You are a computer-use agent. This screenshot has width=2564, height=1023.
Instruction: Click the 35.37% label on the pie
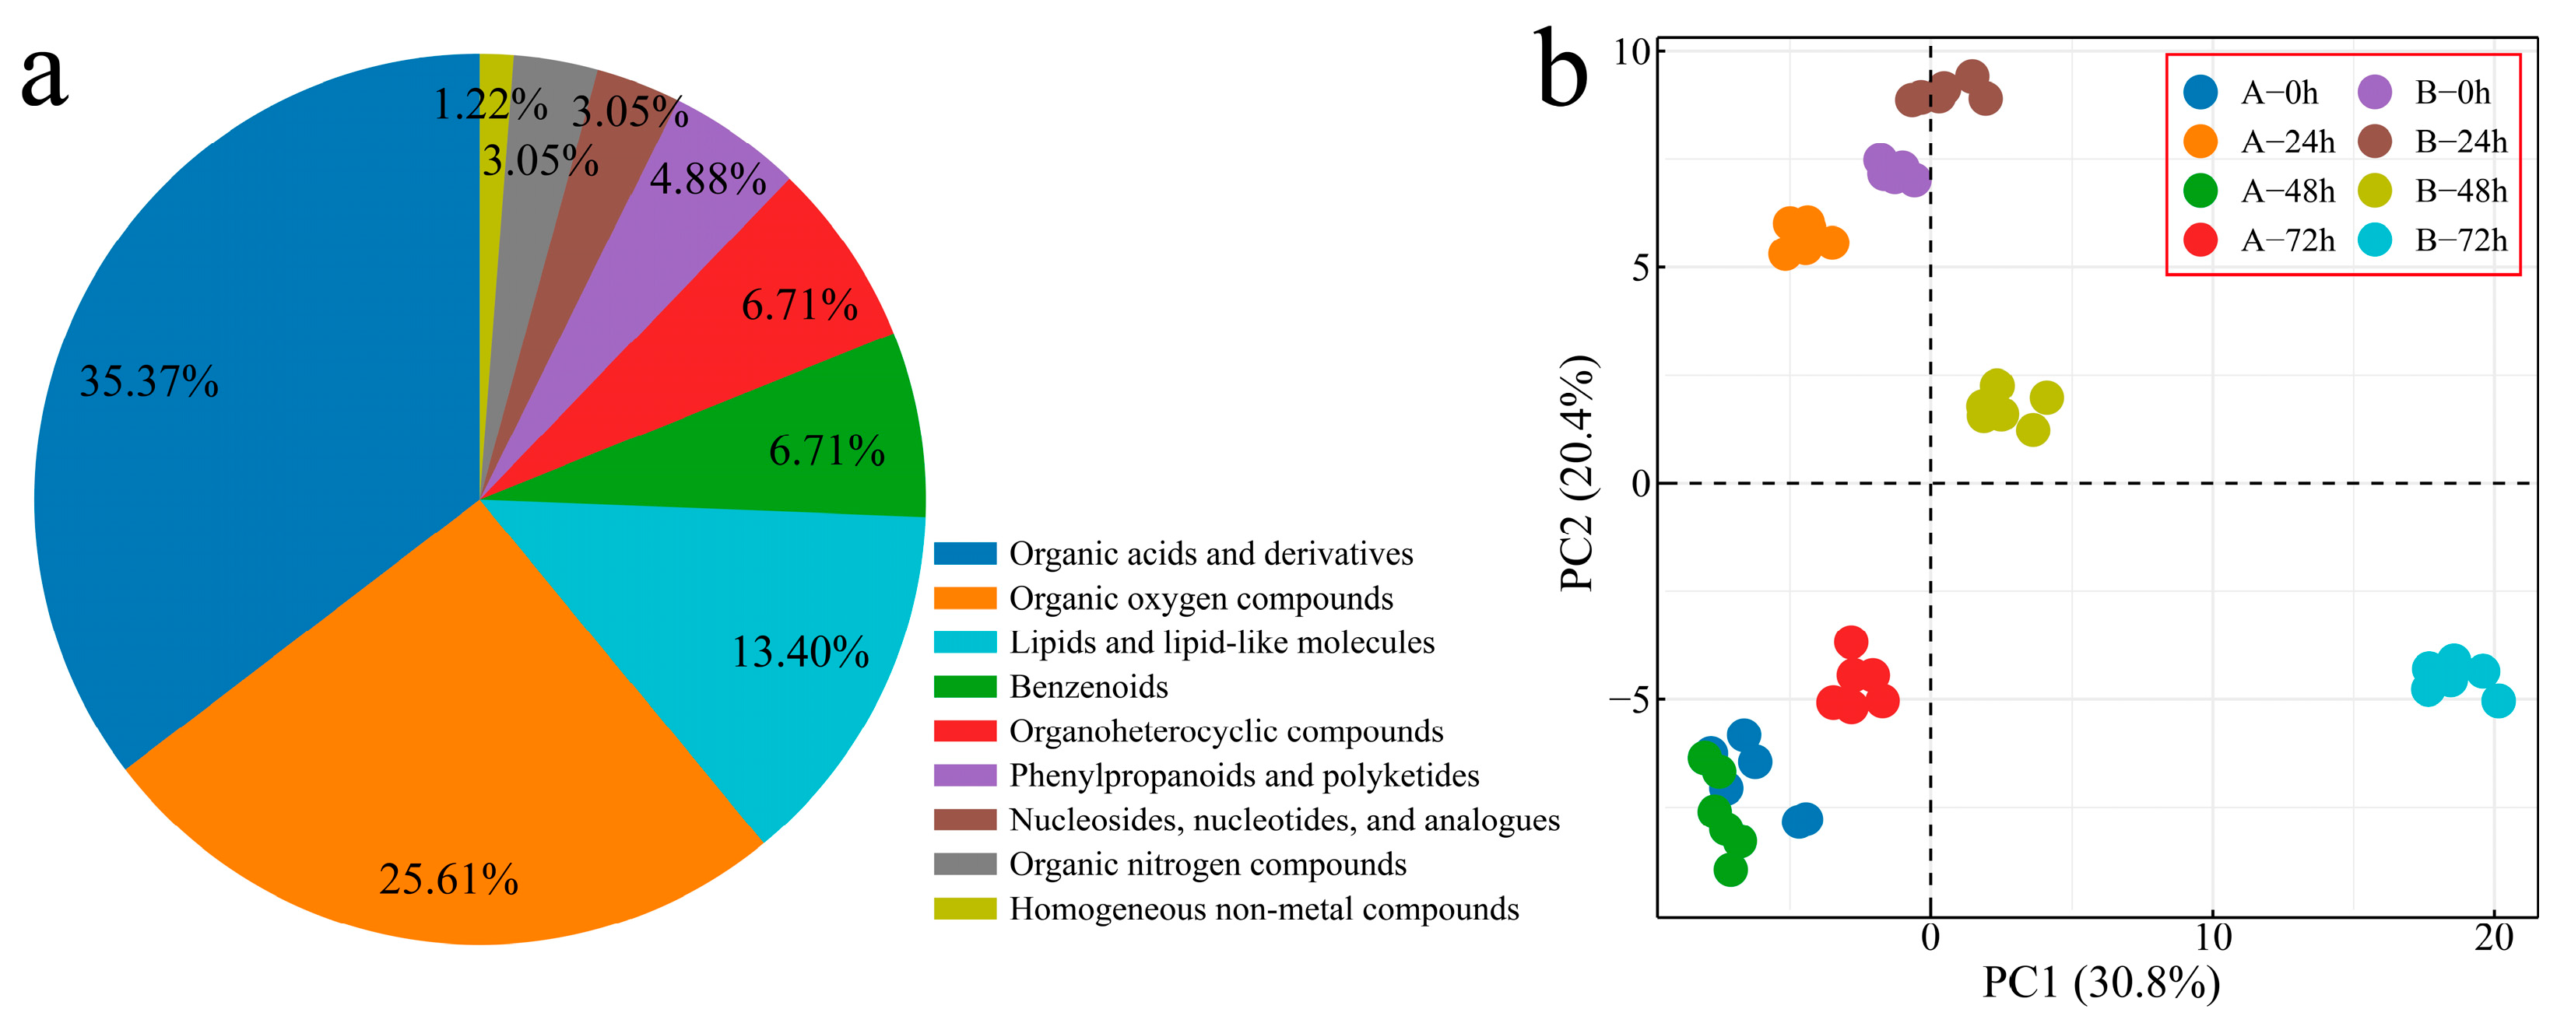[149, 382]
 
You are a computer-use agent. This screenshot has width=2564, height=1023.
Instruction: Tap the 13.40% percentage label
[800, 653]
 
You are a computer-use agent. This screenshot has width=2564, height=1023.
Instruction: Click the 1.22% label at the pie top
[490, 104]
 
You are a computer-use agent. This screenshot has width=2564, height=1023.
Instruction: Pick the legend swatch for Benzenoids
[964, 687]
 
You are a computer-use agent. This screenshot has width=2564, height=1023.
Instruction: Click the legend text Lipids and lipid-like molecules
[1221, 643]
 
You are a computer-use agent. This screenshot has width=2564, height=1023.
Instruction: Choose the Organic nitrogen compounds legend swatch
[964, 864]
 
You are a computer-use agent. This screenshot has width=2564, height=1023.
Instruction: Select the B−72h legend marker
[2375, 240]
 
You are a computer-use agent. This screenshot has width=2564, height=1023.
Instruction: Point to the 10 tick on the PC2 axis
[1631, 52]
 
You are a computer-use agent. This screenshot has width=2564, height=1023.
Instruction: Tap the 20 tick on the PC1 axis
[2493, 938]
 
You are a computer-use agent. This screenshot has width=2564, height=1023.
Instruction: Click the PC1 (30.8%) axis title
[2100, 984]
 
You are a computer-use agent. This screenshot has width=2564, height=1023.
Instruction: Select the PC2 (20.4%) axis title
[1578, 473]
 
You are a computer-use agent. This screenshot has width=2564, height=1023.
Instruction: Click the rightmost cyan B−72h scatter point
[2499, 702]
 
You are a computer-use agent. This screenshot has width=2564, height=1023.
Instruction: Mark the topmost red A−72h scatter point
[1850, 642]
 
